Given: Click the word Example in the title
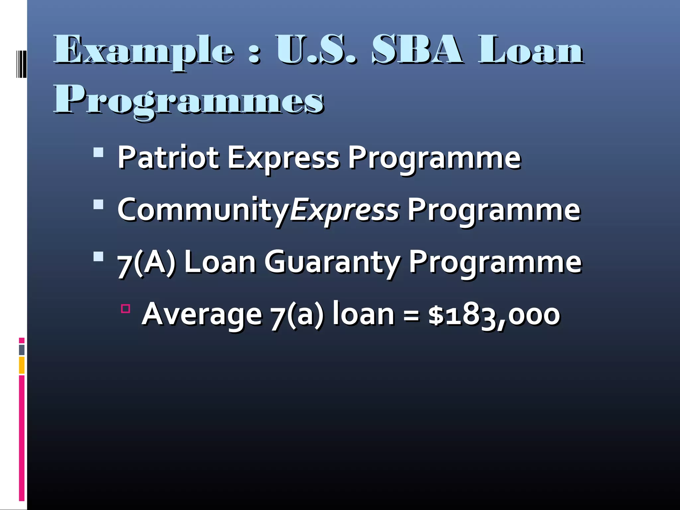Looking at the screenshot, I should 144,51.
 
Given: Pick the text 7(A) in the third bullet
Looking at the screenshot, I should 146,262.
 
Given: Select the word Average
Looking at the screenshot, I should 202,314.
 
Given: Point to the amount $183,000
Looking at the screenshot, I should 494,314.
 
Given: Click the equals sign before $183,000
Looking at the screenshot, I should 411,315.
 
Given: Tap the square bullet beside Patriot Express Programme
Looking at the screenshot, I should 99,152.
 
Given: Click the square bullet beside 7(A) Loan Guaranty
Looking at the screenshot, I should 99,257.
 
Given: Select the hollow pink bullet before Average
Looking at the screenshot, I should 126,309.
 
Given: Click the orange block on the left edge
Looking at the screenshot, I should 22,365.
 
